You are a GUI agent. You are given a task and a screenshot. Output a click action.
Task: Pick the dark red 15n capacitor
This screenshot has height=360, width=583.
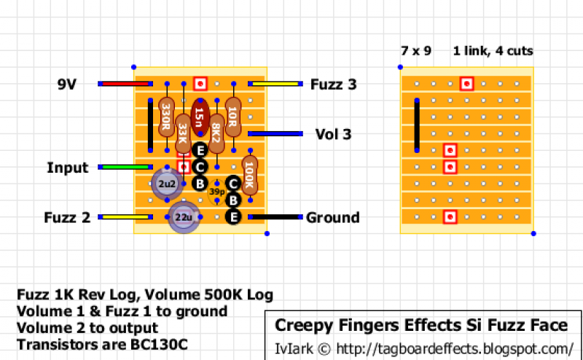(200, 117)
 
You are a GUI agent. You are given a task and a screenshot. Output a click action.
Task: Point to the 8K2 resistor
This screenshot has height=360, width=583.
(216, 133)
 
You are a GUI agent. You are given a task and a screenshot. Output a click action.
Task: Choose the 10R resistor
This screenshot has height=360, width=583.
(233, 115)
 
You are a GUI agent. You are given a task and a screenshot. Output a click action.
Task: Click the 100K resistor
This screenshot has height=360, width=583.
(249, 175)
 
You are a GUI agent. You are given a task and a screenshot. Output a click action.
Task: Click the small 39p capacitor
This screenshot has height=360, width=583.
(216, 192)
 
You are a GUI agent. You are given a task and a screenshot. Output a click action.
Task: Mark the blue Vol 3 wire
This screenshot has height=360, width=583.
(275, 134)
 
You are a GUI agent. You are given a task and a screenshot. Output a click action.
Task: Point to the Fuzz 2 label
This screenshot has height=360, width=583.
(66, 217)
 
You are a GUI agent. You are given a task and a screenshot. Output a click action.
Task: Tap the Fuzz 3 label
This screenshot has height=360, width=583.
(333, 85)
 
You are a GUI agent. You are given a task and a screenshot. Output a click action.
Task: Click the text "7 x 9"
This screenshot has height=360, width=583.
(415, 52)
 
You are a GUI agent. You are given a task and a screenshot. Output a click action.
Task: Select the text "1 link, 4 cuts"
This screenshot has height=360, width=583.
(493, 52)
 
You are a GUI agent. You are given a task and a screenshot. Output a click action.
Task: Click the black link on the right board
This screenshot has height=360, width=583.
(418, 125)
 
